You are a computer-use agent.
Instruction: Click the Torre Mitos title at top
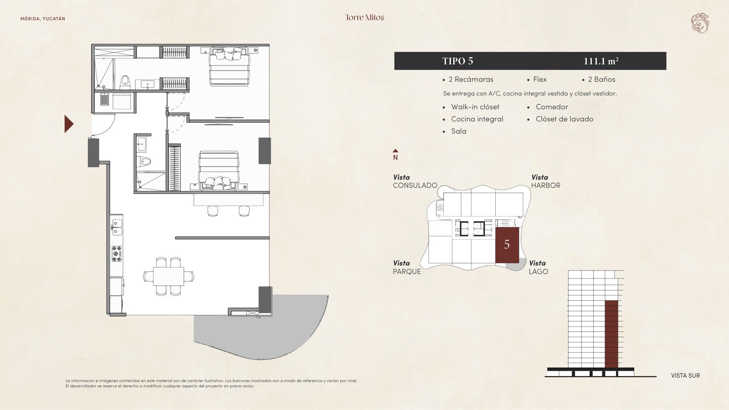point(364,17)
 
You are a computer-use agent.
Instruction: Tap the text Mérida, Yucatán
point(43,19)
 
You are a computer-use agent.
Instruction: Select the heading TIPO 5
point(458,61)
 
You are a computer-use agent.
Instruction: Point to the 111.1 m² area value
point(601,61)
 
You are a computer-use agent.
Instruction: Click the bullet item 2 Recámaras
point(468,79)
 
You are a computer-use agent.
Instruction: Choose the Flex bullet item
point(537,79)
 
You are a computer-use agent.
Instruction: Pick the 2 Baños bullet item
point(599,79)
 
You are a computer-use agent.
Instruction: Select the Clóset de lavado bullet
point(561,119)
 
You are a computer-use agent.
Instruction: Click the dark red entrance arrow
point(69,124)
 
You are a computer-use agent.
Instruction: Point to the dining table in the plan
point(168,276)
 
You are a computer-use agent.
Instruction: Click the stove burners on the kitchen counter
point(117,253)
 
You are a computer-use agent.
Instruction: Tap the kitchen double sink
point(117,227)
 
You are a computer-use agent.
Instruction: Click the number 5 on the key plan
point(507,244)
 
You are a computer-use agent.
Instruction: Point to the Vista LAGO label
point(538,267)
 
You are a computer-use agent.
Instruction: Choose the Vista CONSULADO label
point(415,181)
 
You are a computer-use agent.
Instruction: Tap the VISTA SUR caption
point(685,376)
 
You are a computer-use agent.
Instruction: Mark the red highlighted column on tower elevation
point(612,334)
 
